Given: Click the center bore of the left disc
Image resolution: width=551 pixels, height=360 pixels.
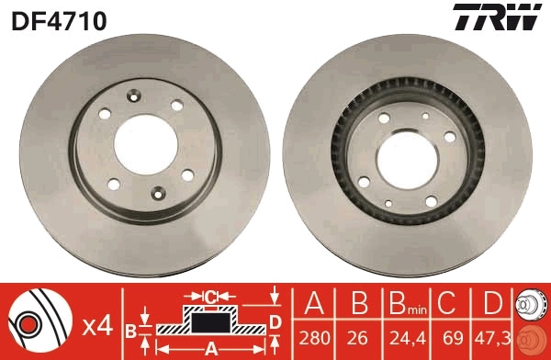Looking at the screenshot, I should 146,144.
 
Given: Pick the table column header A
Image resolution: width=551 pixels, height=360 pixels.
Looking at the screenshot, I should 315,303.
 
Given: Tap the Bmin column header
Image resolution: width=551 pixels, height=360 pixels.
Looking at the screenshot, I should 405,304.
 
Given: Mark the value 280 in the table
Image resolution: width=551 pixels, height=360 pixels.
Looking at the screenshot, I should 315,337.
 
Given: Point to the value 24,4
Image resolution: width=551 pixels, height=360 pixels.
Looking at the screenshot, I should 405,337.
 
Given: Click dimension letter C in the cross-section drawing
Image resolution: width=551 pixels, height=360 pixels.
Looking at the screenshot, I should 210,296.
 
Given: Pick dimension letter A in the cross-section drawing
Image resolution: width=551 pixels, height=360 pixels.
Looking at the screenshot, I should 210,348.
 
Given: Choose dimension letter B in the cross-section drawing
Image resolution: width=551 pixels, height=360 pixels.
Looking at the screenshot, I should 130,329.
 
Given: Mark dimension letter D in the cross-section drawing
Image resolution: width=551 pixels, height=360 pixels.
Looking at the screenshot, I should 274,320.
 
